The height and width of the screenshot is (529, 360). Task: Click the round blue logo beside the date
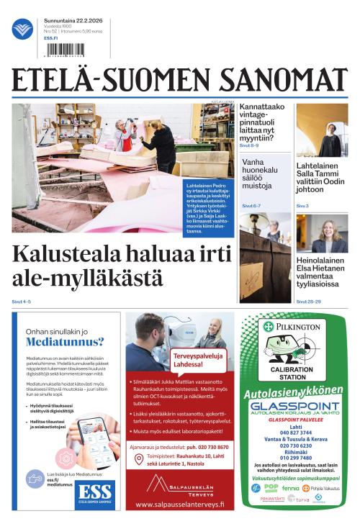point(22,30)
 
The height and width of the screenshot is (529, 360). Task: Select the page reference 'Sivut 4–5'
point(22,301)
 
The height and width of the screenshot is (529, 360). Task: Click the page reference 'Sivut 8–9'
point(249,145)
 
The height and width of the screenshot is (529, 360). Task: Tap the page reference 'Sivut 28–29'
point(310,301)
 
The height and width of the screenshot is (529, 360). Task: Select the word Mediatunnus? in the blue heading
point(65,342)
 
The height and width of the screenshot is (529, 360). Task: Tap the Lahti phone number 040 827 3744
point(294,433)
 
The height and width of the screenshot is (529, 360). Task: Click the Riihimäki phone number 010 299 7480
point(294,458)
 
